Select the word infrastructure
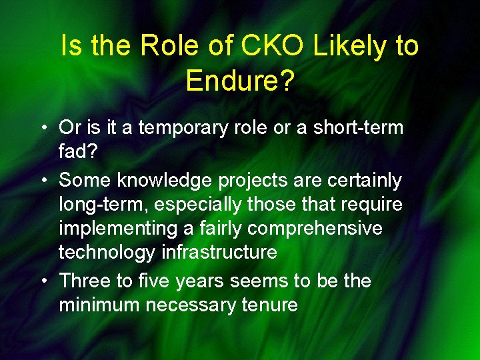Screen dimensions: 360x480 pyautogui.click(x=228, y=253)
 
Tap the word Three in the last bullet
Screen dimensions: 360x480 pyautogui.click(x=85, y=281)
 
